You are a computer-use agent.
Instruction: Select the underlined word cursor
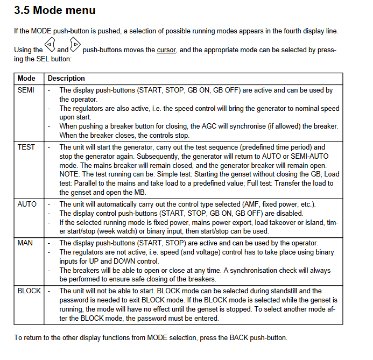click(x=166, y=50)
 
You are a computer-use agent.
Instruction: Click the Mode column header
click(x=26, y=79)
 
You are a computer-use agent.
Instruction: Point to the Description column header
click(x=66, y=79)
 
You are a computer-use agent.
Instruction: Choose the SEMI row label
click(x=26, y=90)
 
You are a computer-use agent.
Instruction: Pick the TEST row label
click(x=26, y=147)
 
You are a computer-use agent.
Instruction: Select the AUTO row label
click(x=27, y=204)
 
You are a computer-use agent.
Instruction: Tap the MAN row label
click(x=25, y=243)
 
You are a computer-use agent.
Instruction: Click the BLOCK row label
click(x=29, y=291)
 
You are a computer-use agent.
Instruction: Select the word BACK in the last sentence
click(x=240, y=338)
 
